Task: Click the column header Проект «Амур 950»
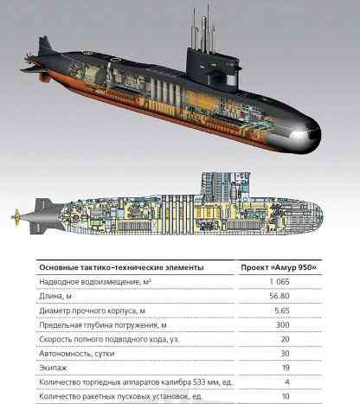pyautogui.click(x=279, y=267)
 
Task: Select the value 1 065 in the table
pyautogui.click(x=280, y=282)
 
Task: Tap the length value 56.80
pyautogui.click(x=280, y=296)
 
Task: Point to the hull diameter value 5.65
pyautogui.click(x=282, y=311)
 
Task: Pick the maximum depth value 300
pyautogui.click(x=283, y=325)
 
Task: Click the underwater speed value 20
pyautogui.click(x=285, y=339)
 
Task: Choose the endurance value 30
pyautogui.click(x=285, y=354)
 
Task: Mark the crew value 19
pyautogui.click(x=286, y=368)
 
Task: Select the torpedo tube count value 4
pyautogui.click(x=287, y=382)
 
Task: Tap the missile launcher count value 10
pyautogui.click(x=286, y=396)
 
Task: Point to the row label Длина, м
pyautogui.click(x=55, y=296)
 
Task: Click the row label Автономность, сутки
pyautogui.click(x=77, y=354)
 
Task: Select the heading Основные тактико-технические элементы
pyautogui.click(x=121, y=267)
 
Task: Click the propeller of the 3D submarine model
pyautogui.click(x=29, y=58)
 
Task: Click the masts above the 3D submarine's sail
pyautogui.click(x=203, y=29)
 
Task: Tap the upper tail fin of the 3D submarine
pyautogui.click(x=45, y=45)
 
